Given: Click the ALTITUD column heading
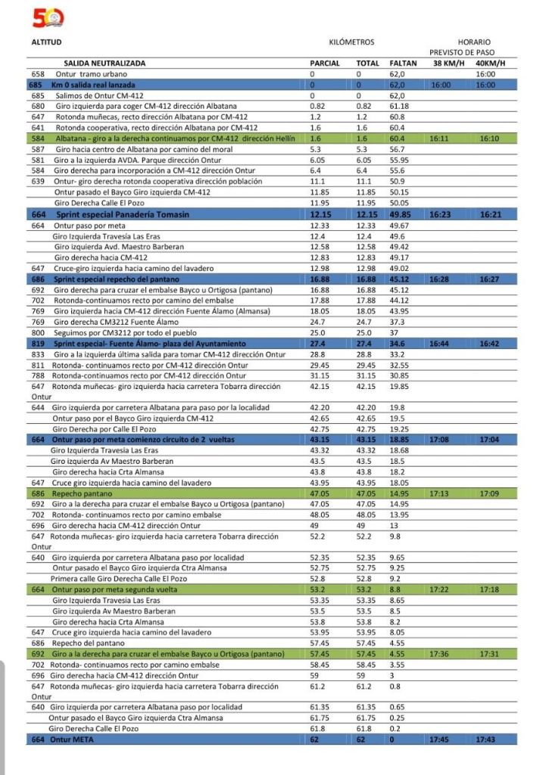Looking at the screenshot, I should coord(45,42).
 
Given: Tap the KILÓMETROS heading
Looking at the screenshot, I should coord(351,42).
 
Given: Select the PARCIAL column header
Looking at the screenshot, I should coord(325,64).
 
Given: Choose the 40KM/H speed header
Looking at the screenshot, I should coord(491,64).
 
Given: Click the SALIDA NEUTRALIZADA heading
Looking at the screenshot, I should coord(104,64).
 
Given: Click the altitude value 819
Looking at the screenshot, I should coord(39,344).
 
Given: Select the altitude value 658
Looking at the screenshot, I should coord(39,74).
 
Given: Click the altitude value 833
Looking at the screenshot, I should coord(39,354).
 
